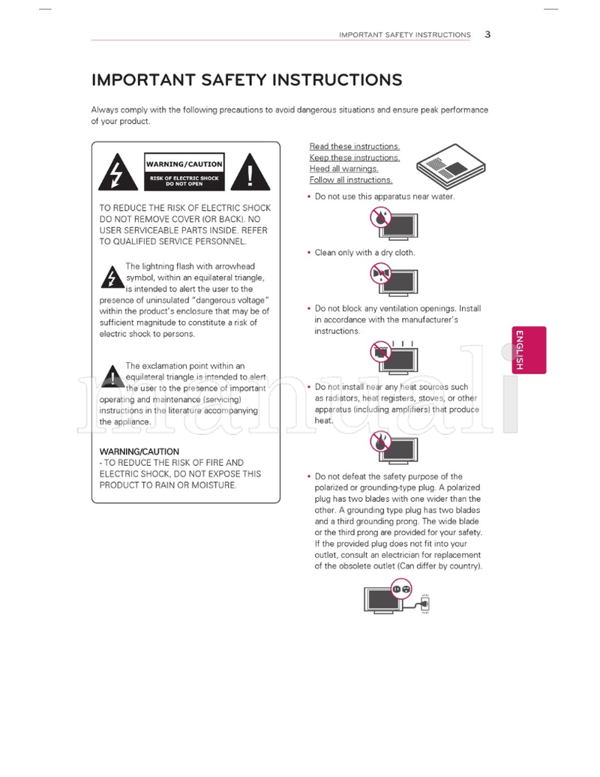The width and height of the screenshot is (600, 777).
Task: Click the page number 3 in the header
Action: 487,34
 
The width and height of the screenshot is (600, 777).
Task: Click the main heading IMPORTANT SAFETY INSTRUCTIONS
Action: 247,80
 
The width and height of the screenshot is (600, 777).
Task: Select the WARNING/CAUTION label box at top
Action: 184,163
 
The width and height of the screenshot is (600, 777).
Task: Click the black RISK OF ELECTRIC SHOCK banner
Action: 184,180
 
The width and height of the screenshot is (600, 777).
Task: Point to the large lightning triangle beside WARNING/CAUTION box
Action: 115,173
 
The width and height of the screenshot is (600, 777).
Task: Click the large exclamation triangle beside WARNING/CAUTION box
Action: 249,173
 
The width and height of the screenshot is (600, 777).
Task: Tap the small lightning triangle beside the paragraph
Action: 112,277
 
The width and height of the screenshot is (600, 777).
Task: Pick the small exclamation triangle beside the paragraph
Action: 112,377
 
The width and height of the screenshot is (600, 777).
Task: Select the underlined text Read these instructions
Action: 355,147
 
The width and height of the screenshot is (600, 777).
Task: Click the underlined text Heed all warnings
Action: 343,169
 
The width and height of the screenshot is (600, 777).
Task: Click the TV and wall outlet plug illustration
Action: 397,596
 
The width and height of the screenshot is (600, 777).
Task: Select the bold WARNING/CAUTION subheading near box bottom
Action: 139,451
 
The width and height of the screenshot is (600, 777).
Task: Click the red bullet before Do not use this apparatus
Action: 309,196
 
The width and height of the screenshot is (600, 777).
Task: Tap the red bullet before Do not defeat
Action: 309,476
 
